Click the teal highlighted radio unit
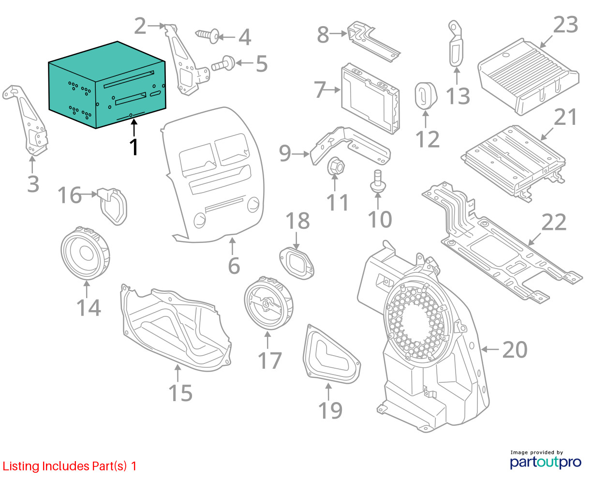(x=107, y=85)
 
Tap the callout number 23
(x=565, y=25)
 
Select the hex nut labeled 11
(x=336, y=166)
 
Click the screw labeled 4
(x=207, y=36)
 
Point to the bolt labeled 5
(x=223, y=63)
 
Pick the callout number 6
(x=234, y=266)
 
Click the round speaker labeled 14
(x=85, y=254)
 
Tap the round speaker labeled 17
(x=268, y=303)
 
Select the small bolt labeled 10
(x=377, y=181)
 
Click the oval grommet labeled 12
(x=426, y=96)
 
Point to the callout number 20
(x=515, y=349)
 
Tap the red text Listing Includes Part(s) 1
(x=70, y=466)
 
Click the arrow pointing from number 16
(x=89, y=194)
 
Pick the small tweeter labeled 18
(x=296, y=263)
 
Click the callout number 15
(x=180, y=393)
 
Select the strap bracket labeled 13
(x=456, y=44)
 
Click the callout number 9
(x=285, y=153)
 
